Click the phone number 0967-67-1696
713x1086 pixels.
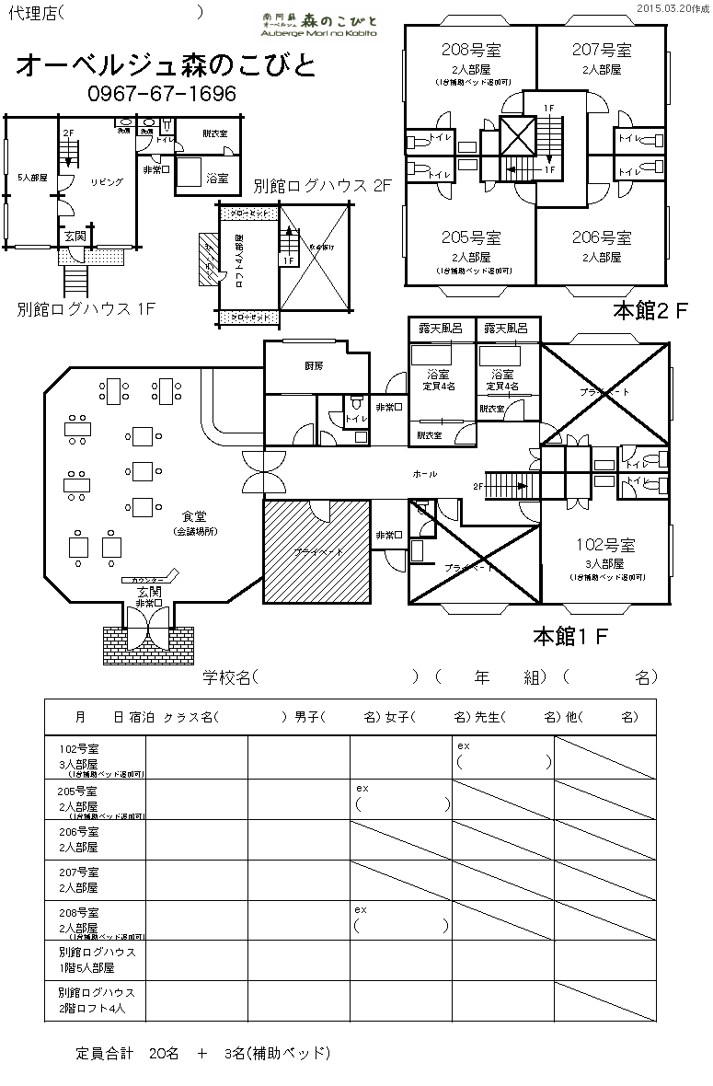161,94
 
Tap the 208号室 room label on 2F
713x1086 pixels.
471,50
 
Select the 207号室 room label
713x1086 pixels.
601,50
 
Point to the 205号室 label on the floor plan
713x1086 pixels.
470,237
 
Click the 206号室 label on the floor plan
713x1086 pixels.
601,237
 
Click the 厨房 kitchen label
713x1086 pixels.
315,365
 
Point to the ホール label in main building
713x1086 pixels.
424,473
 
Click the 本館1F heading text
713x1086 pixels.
570,635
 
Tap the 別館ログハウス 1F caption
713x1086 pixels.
85,308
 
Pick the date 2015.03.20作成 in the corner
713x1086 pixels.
670,8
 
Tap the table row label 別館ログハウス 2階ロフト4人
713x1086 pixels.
96,1000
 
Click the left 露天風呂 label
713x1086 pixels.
440,328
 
